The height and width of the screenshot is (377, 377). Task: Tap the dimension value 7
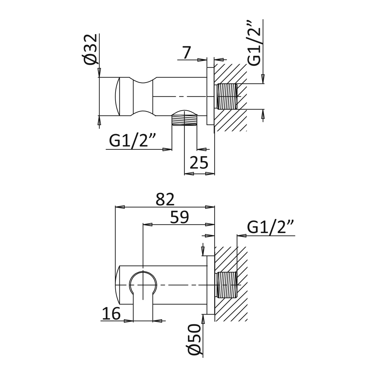pyautogui.click(x=187, y=53)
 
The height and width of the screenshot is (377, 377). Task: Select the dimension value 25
pyautogui.click(x=199, y=163)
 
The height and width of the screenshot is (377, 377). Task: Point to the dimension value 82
pyautogui.click(x=165, y=200)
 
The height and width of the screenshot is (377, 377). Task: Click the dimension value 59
pyautogui.click(x=179, y=218)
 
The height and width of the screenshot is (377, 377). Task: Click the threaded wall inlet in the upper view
pyautogui.click(x=227, y=96)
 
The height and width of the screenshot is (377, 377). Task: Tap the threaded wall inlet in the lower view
pyautogui.click(x=227, y=285)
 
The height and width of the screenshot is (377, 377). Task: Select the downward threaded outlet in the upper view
pyautogui.click(x=185, y=120)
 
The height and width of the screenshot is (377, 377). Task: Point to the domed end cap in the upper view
pyautogui.click(x=117, y=96)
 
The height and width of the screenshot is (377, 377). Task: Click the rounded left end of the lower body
pyautogui.click(x=117, y=285)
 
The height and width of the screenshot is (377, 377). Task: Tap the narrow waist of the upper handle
pyautogui.click(x=143, y=96)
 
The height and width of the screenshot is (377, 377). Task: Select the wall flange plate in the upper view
pyautogui.click(x=210, y=96)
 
